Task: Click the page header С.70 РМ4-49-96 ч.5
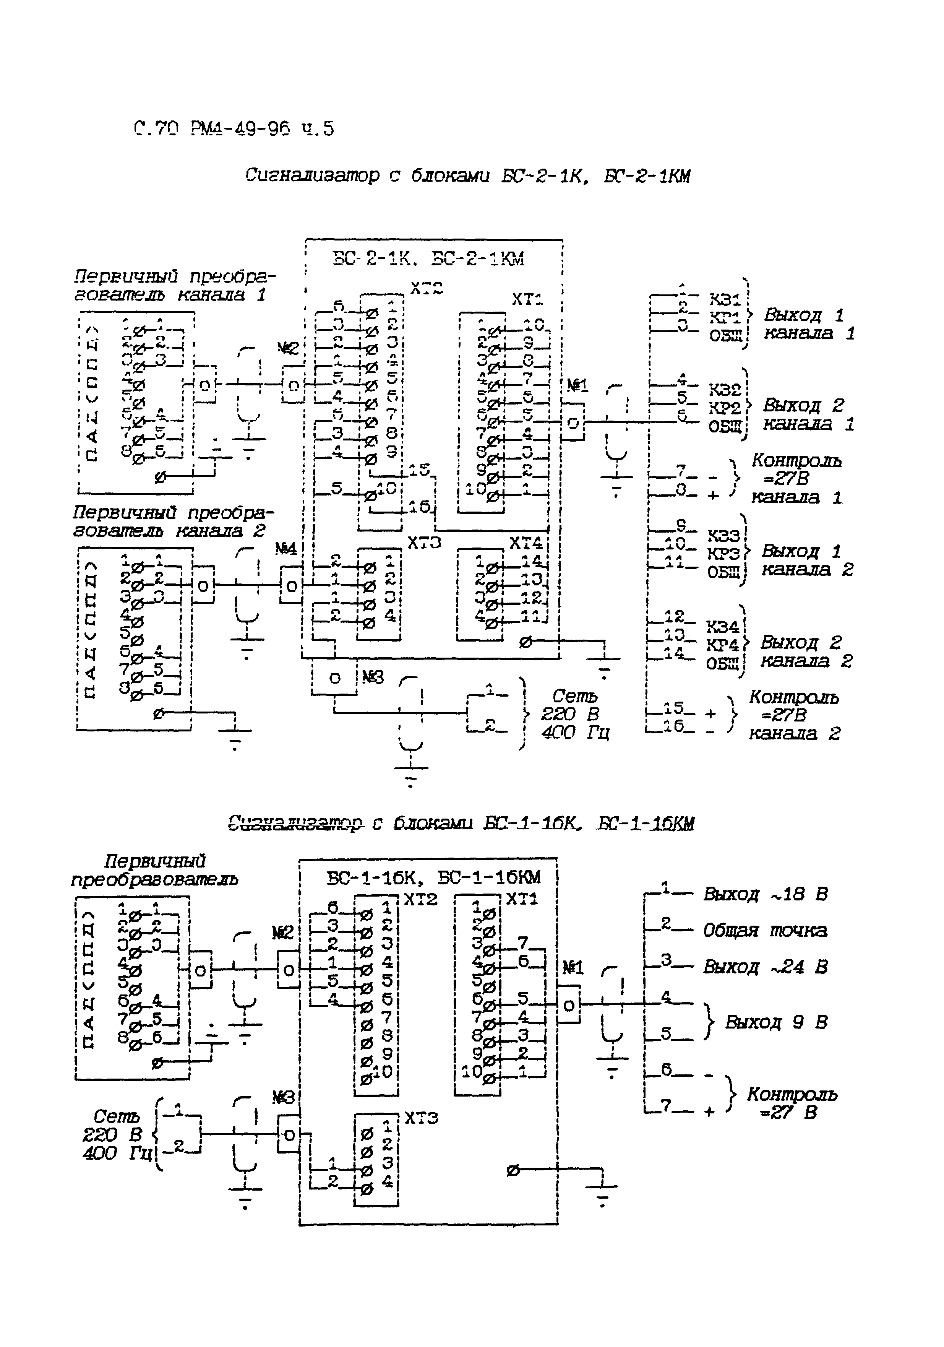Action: click(234, 128)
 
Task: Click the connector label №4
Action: click(286, 549)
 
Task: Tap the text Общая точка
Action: click(765, 931)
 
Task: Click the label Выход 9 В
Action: click(776, 1022)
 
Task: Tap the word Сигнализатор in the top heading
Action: click(312, 175)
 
